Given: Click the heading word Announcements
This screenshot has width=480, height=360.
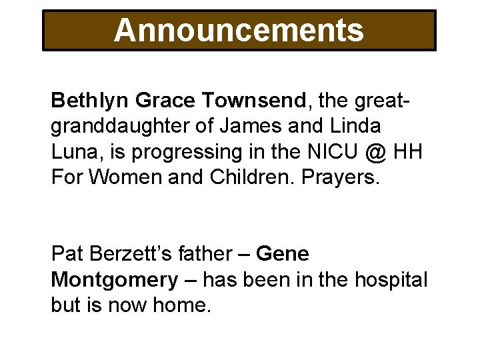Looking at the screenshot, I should [239, 30].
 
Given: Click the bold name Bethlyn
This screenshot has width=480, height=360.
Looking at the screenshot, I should [90, 101].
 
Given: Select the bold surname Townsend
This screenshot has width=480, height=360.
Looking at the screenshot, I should [257, 101].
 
